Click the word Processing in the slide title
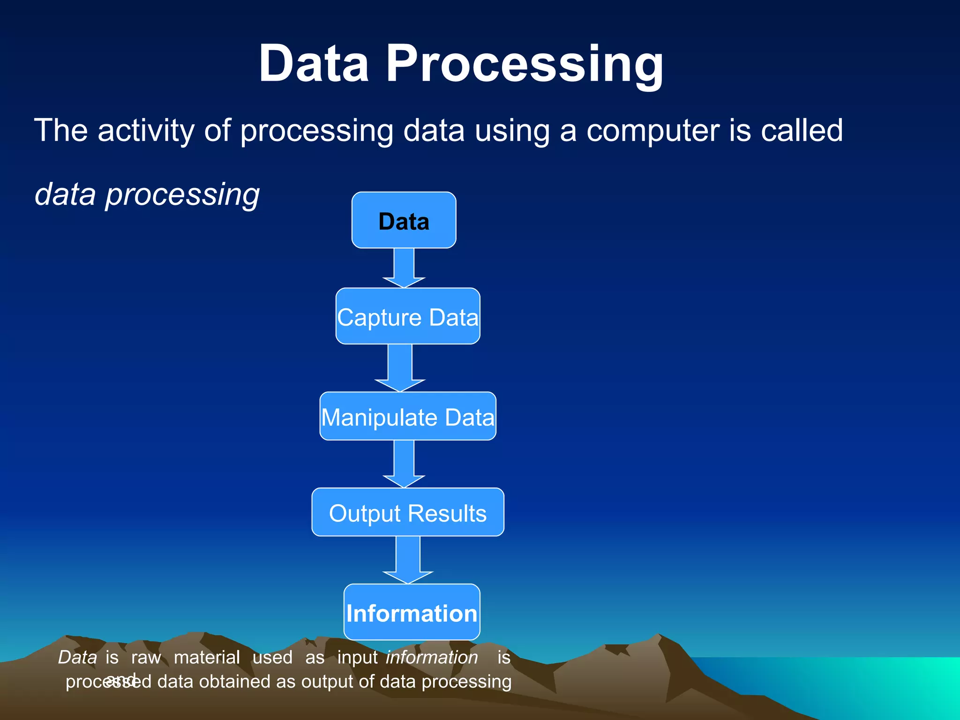pyautogui.click(x=524, y=64)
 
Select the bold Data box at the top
pyautogui.click(x=404, y=220)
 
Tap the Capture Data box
pyautogui.click(x=407, y=317)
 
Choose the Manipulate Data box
pyautogui.click(x=407, y=417)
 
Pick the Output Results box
pyautogui.click(x=407, y=512)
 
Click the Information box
pyautogui.click(x=412, y=612)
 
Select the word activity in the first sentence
pyautogui.click(x=146, y=131)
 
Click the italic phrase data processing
pyautogui.click(x=147, y=195)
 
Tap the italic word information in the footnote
pyautogui.click(x=432, y=657)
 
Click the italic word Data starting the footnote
pyautogui.click(x=77, y=657)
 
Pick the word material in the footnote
pyautogui.click(x=207, y=657)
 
